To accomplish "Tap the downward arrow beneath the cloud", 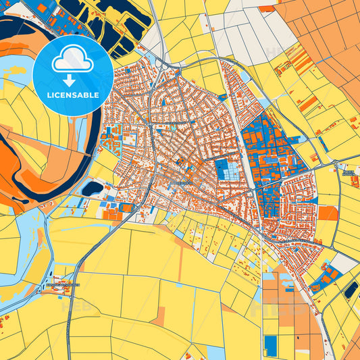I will point(73,79).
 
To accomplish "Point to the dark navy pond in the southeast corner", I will point(351,290).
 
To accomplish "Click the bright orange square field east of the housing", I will point(328,213).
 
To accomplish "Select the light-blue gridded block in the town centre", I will point(227,170).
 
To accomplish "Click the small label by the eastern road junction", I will point(349,173).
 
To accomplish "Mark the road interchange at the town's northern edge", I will point(164,65).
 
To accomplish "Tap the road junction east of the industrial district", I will point(336,163).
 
